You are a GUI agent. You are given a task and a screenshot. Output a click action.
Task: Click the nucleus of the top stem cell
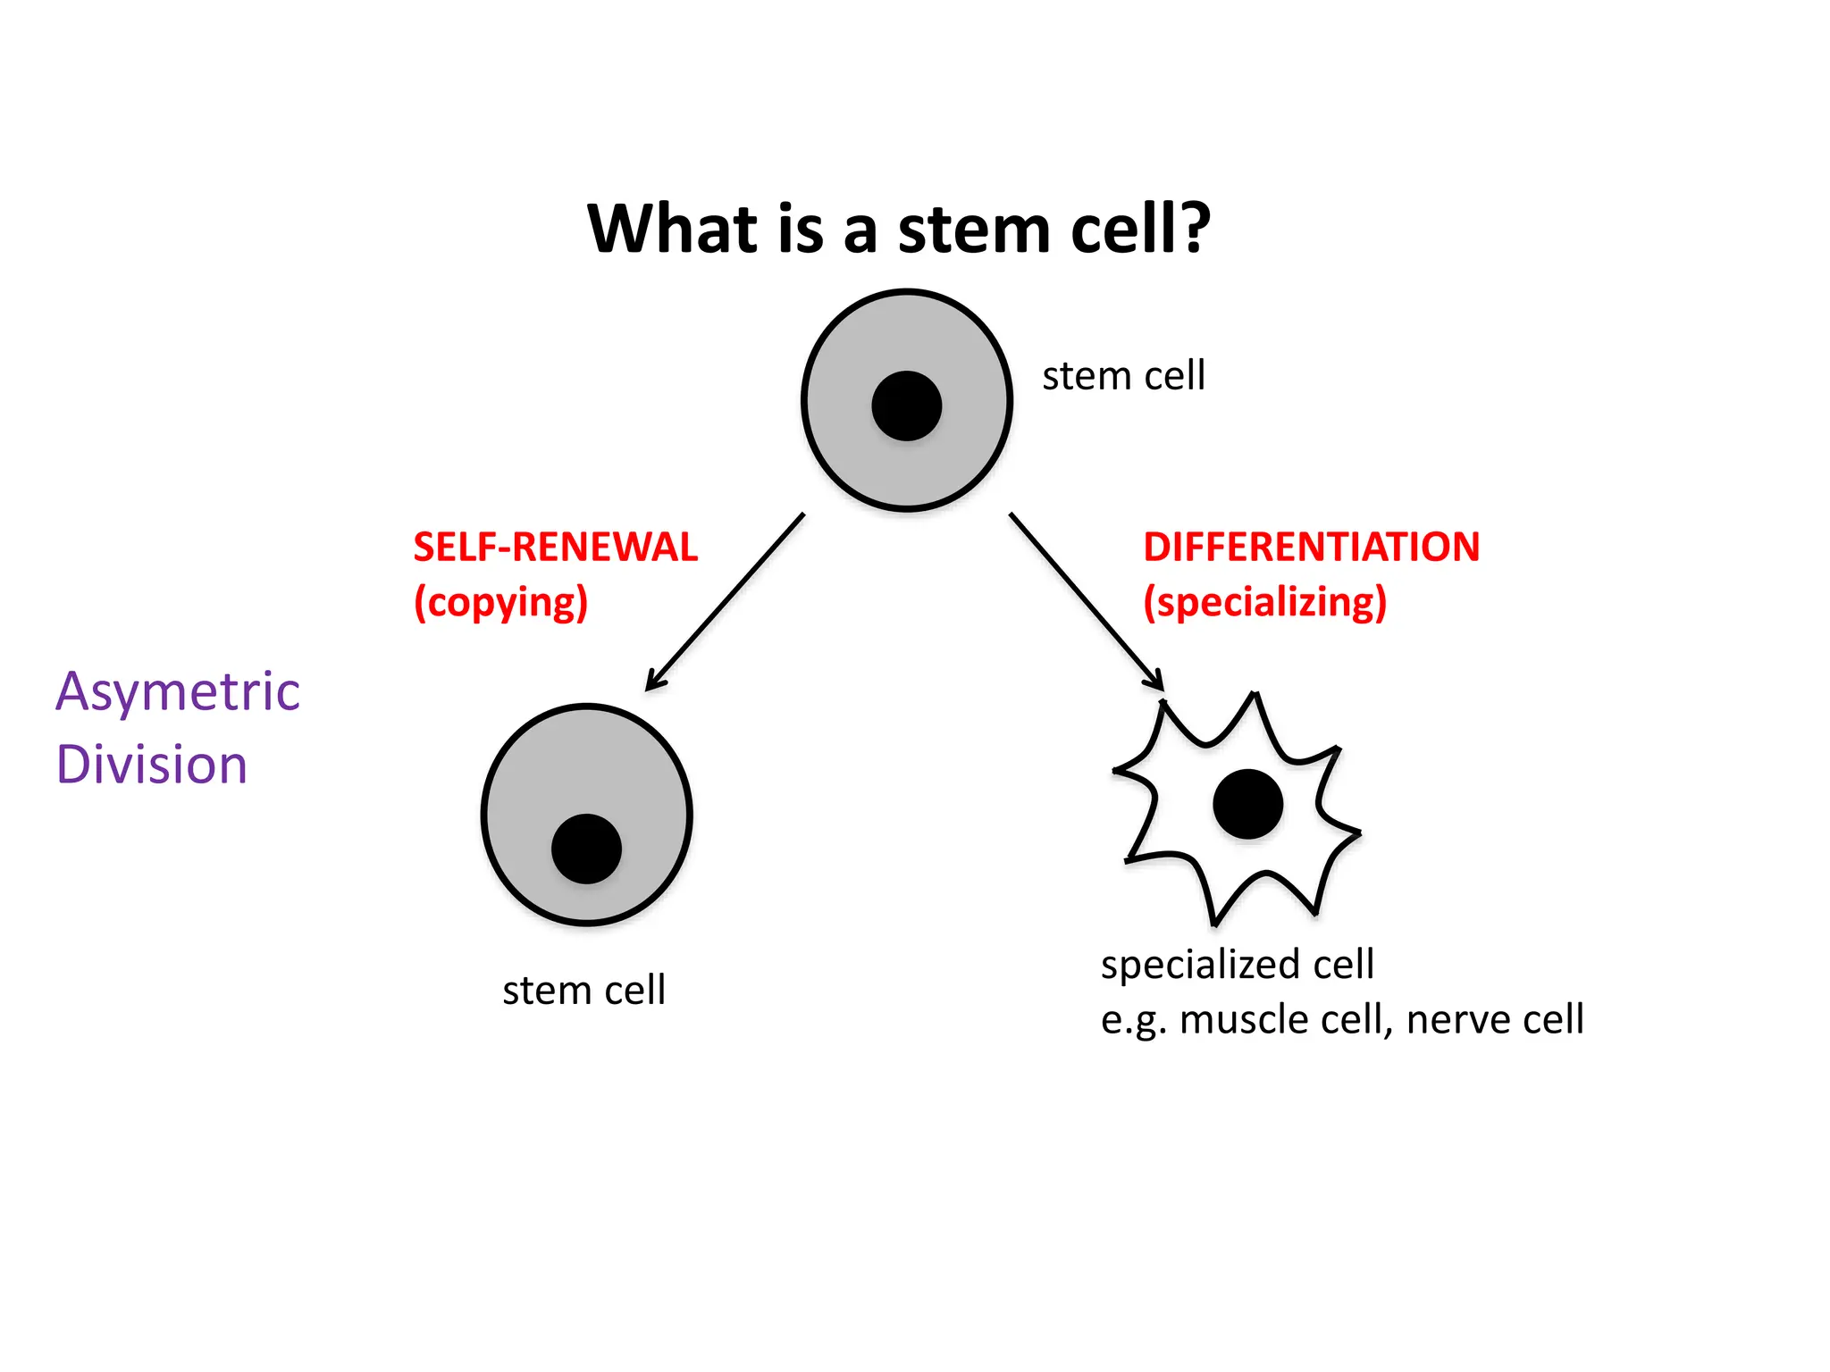(x=906, y=406)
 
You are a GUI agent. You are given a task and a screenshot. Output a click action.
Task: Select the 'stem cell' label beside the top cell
(x=1123, y=376)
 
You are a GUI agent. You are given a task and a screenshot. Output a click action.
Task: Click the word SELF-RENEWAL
(x=555, y=547)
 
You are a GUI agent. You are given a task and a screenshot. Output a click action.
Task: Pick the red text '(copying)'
(x=500, y=603)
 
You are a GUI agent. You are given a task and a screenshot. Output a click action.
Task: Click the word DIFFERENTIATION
(x=1311, y=547)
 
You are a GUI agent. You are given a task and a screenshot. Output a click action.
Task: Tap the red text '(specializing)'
(x=1264, y=603)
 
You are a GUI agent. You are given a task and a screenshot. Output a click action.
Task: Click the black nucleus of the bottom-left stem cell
(x=586, y=849)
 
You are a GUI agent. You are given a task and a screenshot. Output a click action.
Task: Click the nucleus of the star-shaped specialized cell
(x=1247, y=804)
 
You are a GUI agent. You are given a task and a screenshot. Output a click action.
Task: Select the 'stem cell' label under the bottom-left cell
(x=583, y=991)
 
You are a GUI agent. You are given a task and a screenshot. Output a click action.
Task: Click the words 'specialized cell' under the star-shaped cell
(x=1237, y=965)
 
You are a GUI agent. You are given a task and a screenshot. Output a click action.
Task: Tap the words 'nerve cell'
(x=1494, y=1019)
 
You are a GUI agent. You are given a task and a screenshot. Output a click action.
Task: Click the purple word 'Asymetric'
(x=177, y=692)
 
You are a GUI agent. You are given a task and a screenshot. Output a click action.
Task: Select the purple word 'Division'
(x=151, y=765)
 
